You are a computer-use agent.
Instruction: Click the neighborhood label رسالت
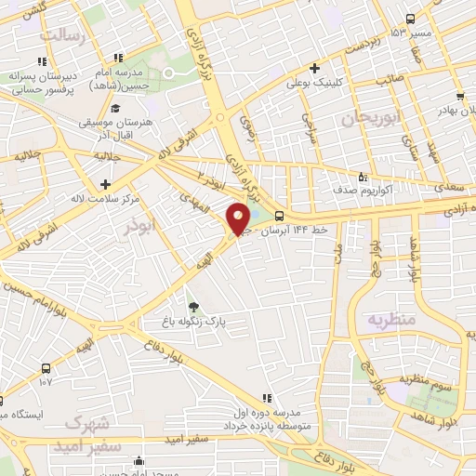65,35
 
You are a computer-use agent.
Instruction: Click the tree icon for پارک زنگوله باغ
193,308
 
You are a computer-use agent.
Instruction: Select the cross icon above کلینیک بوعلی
315,68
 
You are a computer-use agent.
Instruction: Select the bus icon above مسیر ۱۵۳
410,20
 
